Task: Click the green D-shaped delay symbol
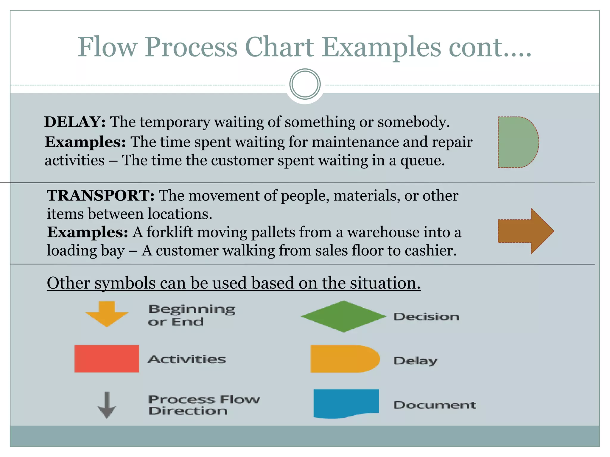point(517,142)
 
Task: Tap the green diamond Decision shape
point(343,317)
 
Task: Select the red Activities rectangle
point(107,359)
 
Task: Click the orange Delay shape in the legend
point(344,359)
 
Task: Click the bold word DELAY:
point(75,122)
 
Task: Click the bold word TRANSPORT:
point(101,196)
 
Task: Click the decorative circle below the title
point(305,84)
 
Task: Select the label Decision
point(426,317)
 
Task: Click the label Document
point(435,405)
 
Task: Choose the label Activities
point(187,359)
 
